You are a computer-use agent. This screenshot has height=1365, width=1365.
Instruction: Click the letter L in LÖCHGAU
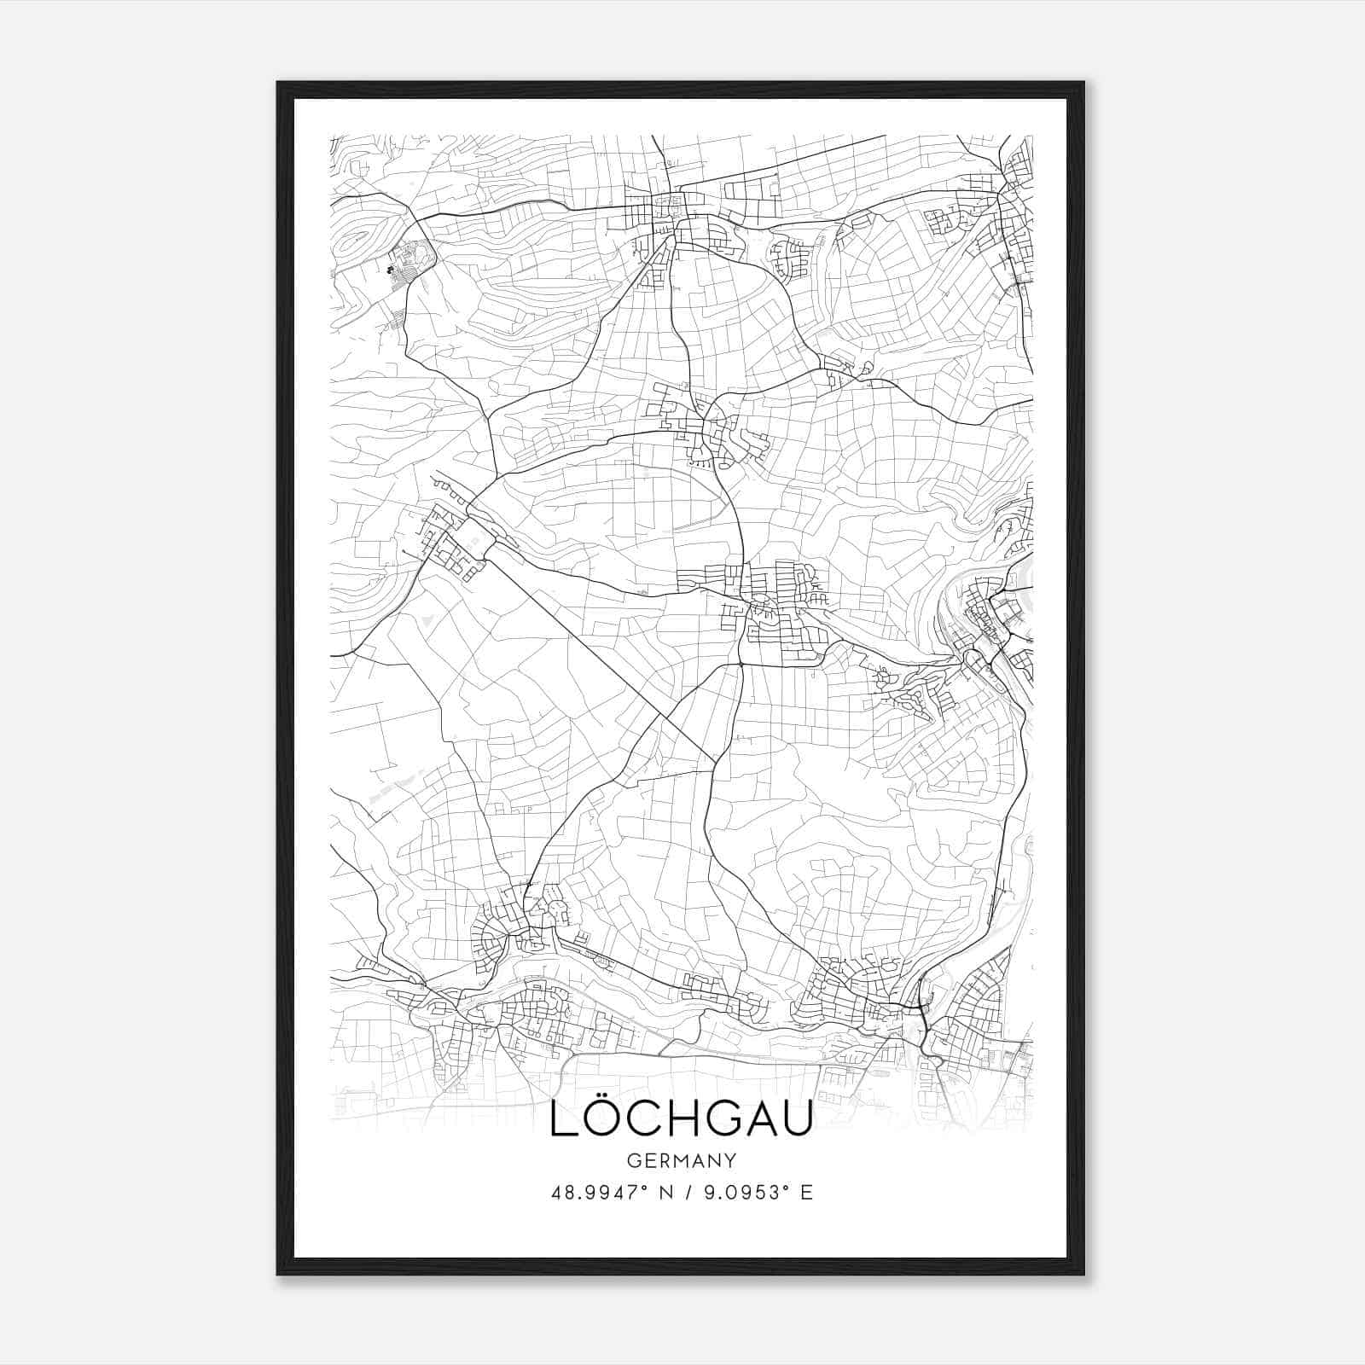click(562, 1119)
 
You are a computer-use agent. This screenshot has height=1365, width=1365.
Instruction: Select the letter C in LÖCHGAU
click(649, 1119)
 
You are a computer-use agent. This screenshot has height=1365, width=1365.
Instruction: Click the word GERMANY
click(681, 1161)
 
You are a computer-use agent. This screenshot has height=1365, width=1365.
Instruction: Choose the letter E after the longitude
click(806, 1193)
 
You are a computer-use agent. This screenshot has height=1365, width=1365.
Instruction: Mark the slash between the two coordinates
click(677, 1193)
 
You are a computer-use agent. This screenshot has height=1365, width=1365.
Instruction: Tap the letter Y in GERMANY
click(730, 1161)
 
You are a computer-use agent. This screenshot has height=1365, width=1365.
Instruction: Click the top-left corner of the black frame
click(278, 83)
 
